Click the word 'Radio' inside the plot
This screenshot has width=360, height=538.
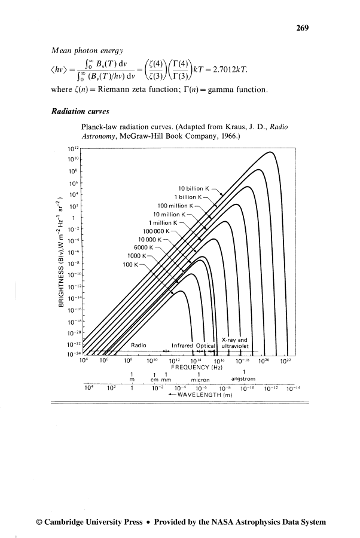[139, 345]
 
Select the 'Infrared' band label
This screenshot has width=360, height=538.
[184, 345]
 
